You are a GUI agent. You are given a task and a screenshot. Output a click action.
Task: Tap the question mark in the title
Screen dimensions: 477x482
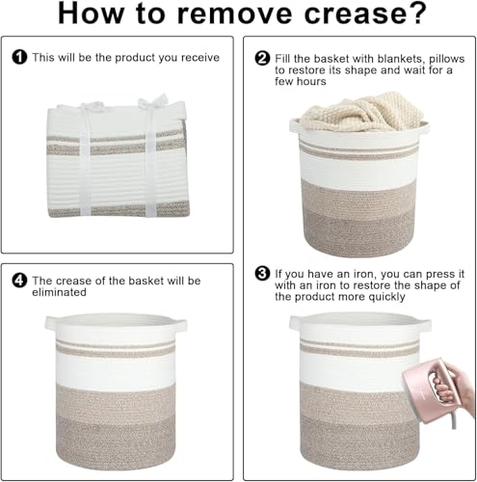(x=414, y=13)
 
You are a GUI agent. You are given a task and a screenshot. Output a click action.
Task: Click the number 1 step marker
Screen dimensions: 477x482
(x=19, y=57)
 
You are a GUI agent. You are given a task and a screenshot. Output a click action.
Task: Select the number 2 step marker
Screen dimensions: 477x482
(x=262, y=59)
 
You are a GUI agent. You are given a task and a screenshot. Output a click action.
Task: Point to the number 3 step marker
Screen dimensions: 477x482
(x=262, y=274)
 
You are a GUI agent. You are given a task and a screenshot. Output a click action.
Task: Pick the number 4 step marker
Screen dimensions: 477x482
(x=19, y=281)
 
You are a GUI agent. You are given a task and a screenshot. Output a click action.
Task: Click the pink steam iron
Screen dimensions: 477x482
(x=428, y=390)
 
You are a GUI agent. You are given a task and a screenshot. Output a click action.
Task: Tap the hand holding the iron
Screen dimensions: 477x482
(x=456, y=386)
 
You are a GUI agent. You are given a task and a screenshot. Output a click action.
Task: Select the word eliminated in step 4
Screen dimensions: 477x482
(x=59, y=292)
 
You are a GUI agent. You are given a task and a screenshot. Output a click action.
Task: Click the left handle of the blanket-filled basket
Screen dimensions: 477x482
(x=295, y=126)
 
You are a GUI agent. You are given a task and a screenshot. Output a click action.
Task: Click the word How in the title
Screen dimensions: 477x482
(x=91, y=14)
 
